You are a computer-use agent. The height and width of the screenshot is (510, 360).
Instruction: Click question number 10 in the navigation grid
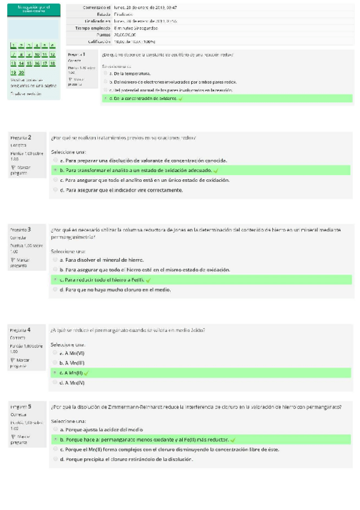(x=37, y=54)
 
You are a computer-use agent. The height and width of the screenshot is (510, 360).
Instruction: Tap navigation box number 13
(x=13, y=63)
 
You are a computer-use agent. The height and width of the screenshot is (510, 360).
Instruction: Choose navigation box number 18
(x=52, y=63)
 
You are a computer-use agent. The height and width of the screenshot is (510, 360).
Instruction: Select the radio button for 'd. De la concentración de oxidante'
(x=106, y=98)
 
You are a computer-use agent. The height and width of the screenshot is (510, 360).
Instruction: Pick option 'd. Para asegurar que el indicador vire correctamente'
(x=124, y=189)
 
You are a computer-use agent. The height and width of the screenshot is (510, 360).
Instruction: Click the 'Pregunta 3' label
(x=21, y=230)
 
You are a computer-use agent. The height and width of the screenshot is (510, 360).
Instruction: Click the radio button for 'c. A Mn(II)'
(x=55, y=373)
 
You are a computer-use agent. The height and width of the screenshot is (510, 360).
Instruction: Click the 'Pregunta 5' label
(x=21, y=407)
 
